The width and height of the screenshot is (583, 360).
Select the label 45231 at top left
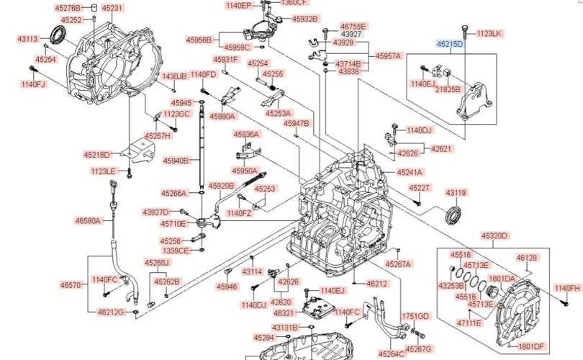[x=112, y=8]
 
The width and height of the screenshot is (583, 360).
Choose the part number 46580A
[x=89, y=221]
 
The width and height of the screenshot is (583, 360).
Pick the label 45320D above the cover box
[x=494, y=235]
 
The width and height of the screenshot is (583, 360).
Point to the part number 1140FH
[x=566, y=288]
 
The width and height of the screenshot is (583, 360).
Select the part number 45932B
[x=306, y=18]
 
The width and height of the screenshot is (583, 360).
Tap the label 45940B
[x=176, y=161]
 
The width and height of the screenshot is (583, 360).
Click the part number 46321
[x=282, y=313]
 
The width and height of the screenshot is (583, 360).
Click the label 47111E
[x=468, y=323]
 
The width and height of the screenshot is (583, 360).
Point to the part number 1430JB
[x=173, y=76]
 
